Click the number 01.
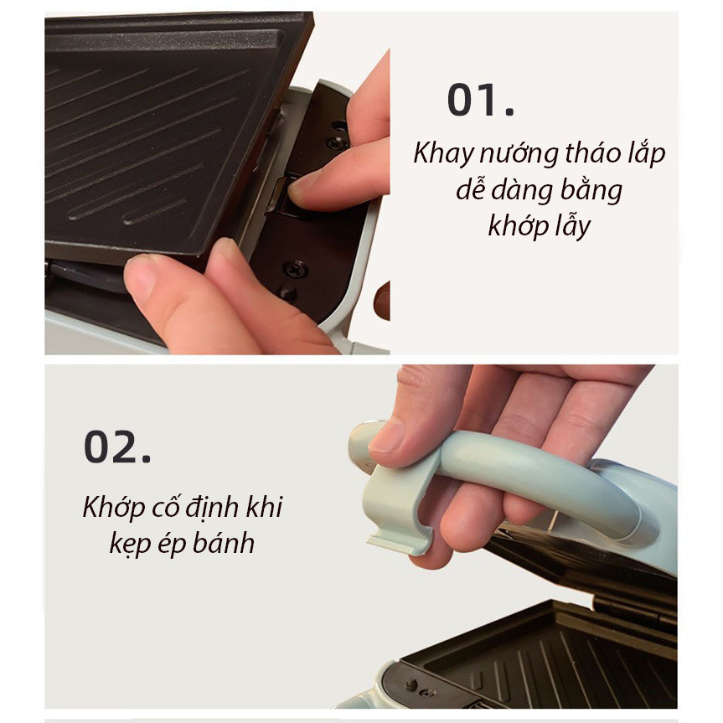pos(480,101)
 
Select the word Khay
pos(443,155)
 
